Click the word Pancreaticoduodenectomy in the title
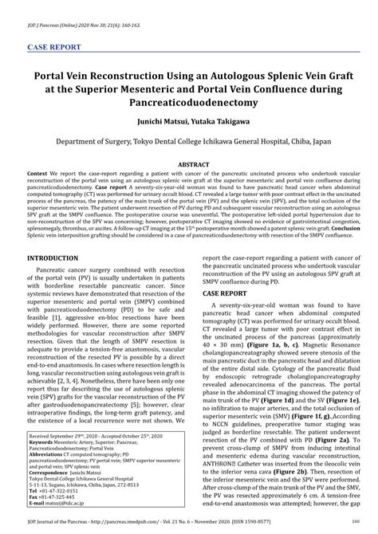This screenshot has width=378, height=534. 189,104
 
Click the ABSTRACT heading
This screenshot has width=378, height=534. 189,163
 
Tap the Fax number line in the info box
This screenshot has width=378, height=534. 59,497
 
